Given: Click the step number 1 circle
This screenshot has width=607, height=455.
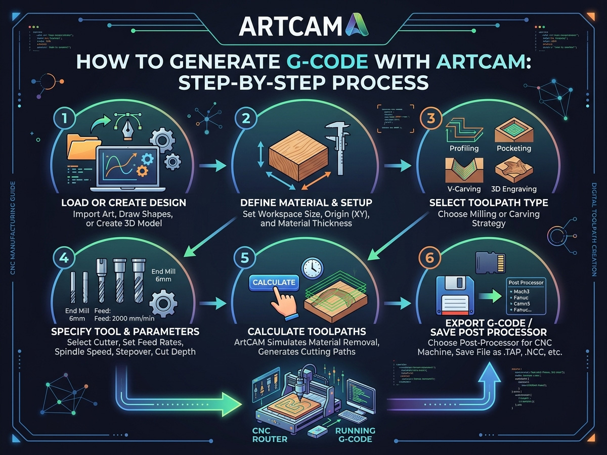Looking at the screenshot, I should click(65, 119).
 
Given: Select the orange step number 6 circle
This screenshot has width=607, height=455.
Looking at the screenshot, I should click(429, 258).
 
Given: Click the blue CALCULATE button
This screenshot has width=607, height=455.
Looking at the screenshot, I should click(274, 283).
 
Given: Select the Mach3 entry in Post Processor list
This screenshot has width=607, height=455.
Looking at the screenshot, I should click(524, 292).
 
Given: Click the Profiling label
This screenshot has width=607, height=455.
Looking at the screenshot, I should click(465, 149).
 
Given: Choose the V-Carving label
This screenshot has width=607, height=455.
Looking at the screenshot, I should click(464, 189).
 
